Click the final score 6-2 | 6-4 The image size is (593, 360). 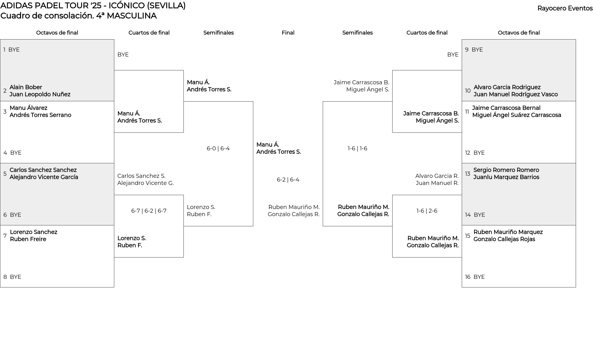click(x=288, y=180)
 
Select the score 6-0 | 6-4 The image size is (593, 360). click(x=218, y=149)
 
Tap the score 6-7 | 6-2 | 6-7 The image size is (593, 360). click(x=149, y=211)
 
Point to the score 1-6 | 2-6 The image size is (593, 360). click(x=427, y=211)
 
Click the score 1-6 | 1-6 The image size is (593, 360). click(x=357, y=149)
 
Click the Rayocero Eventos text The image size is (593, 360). click(x=565, y=8)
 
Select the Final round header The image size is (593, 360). click(x=288, y=33)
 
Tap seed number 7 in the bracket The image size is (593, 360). click(x=5, y=236)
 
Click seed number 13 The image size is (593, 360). click(x=468, y=174)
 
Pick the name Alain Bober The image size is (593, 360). click(x=26, y=87)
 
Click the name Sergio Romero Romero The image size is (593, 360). click(x=506, y=170)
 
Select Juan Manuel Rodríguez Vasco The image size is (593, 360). click(x=516, y=94)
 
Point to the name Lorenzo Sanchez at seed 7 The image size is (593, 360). click(x=33, y=232)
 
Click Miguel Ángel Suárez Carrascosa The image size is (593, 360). click(x=517, y=115)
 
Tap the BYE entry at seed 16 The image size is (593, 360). click(x=479, y=277)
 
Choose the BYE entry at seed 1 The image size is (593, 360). click(x=14, y=50)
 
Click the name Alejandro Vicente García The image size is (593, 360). click(x=44, y=177)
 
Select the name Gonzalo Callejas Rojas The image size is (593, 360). click(x=504, y=239)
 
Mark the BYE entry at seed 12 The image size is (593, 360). click(x=479, y=153)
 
